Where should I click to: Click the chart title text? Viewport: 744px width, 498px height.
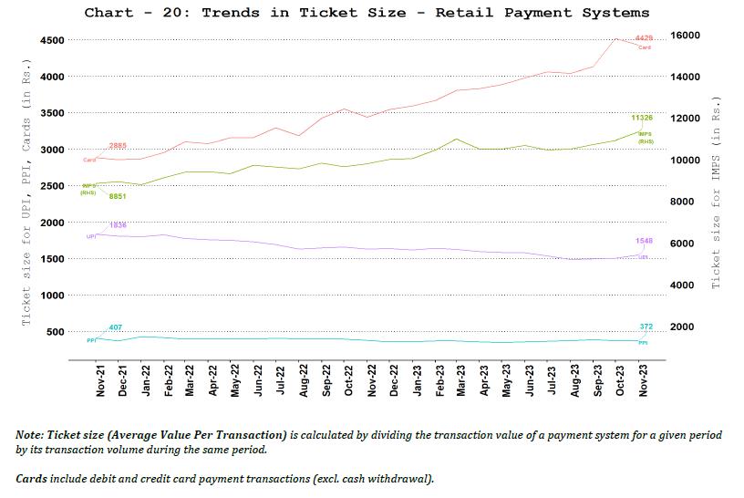click(367, 13)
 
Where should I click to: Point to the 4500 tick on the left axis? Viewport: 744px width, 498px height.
click(51, 40)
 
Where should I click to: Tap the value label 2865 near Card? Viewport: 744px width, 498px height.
click(118, 146)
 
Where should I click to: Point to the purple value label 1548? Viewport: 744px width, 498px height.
click(644, 241)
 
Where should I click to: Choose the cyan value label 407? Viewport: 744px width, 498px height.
click(116, 327)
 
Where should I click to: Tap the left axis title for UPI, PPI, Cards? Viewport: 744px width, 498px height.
click(27, 192)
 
